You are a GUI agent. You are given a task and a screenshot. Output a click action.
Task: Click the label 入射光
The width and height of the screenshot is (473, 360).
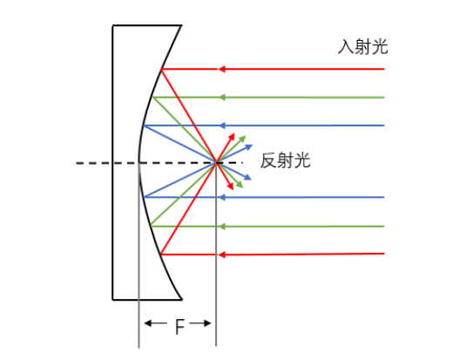click(362, 47)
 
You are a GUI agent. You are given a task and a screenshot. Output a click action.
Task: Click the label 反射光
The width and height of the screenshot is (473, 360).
click(286, 160)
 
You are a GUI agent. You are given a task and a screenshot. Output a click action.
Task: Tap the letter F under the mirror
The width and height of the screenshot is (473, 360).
click(179, 327)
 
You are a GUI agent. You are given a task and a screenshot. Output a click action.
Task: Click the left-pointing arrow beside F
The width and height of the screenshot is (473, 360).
click(156, 323)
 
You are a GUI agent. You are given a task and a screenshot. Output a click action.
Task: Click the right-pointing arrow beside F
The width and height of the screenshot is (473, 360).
click(200, 323)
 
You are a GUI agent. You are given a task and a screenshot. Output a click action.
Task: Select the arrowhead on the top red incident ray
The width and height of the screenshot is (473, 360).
click(222, 69)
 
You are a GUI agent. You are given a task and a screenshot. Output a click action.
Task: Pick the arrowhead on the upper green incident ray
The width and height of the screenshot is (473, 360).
click(222, 97)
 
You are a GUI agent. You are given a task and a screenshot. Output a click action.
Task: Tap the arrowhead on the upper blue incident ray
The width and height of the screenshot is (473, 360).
click(222, 126)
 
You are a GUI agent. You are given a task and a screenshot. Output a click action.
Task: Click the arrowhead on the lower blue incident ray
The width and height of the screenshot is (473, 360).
click(222, 197)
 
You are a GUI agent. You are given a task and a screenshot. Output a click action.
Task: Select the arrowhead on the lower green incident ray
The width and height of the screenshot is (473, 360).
click(222, 227)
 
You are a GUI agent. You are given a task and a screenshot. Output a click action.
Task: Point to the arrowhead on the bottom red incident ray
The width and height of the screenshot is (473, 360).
click(222, 255)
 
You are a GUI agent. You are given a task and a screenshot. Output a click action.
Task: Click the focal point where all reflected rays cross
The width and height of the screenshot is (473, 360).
click(216, 163)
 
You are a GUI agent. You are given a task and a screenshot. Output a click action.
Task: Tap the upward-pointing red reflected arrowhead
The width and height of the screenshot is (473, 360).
click(232, 137)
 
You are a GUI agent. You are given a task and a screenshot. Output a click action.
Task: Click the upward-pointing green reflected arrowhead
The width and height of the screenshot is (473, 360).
click(242, 139)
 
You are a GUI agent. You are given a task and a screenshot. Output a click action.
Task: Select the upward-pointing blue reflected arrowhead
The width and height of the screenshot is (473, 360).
click(248, 147)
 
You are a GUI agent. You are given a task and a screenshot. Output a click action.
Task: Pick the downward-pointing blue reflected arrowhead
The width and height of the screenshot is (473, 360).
click(247, 177)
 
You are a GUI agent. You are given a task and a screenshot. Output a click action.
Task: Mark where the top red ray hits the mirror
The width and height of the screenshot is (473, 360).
click(161, 70)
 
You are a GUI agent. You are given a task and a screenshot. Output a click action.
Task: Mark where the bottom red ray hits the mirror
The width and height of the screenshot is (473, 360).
click(161, 255)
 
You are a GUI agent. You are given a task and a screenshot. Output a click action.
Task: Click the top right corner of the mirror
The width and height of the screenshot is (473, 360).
click(181, 25)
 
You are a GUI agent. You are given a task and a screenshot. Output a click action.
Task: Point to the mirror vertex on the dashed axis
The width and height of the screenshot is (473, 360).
click(139, 163)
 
